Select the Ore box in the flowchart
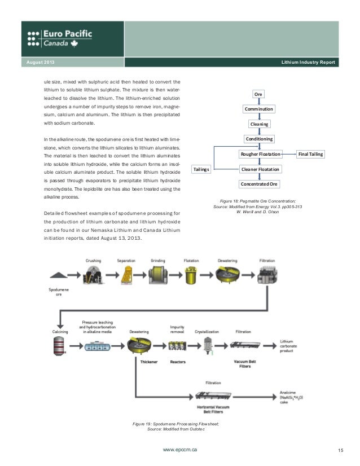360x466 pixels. pyautogui.click(x=259, y=94)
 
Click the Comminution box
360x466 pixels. pyautogui.click(x=259, y=109)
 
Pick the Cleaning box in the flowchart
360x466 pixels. pyautogui.click(x=259, y=124)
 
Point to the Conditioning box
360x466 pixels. pyautogui.click(x=259, y=139)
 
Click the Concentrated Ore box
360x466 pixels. pyautogui.click(x=260, y=184)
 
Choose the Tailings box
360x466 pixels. pyautogui.click(x=201, y=169)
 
